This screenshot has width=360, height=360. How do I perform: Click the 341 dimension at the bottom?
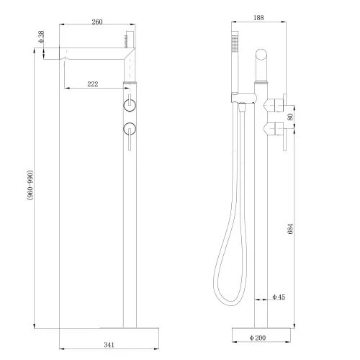(x=109, y=345)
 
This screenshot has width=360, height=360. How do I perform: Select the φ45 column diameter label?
(x=279, y=297)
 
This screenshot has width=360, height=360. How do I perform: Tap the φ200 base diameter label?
(x=258, y=338)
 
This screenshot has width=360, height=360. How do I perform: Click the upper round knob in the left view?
(x=129, y=105)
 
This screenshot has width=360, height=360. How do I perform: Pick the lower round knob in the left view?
(x=129, y=130)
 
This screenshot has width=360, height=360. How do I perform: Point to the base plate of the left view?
(x=129, y=328)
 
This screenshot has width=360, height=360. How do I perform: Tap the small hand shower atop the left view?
(x=131, y=45)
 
